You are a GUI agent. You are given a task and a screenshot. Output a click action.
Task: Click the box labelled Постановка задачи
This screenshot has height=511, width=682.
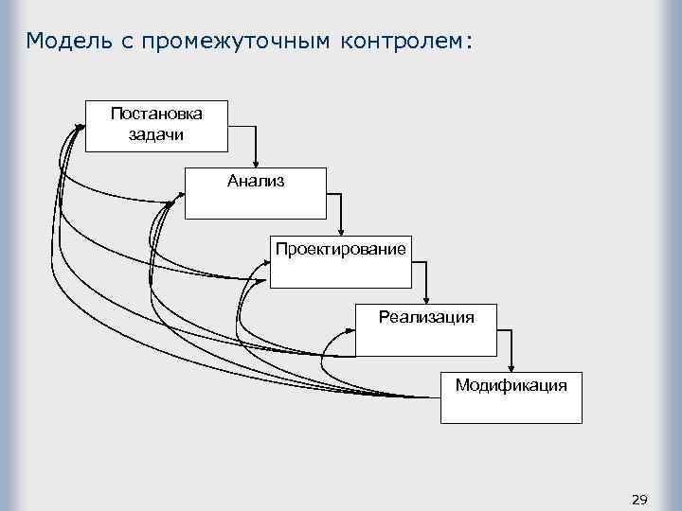pyautogui.click(x=156, y=125)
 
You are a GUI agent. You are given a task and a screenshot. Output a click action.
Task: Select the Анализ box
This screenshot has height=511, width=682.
pyautogui.click(x=255, y=194)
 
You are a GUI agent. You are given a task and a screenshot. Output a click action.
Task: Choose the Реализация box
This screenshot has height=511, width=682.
pyautogui.click(x=426, y=330)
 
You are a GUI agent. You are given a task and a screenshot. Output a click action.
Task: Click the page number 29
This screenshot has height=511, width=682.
pyautogui.click(x=638, y=499)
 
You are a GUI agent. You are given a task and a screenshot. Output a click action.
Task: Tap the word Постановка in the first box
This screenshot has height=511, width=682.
pyautogui.click(x=156, y=114)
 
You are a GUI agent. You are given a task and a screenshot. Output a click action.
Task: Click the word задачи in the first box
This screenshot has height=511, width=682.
pyautogui.click(x=156, y=133)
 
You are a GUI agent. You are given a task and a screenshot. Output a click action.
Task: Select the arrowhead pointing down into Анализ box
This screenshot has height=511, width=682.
pyautogui.click(x=255, y=163)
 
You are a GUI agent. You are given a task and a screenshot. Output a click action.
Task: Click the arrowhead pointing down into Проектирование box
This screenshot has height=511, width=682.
pyautogui.click(x=341, y=231)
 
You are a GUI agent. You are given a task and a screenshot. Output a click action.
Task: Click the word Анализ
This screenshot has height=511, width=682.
pyautogui.click(x=255, y=181)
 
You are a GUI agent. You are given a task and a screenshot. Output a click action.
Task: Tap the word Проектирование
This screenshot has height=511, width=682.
pyautogui.click(x=341, y=249)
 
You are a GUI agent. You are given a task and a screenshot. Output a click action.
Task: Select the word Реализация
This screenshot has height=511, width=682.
pyautogui.click(x=426, y=317)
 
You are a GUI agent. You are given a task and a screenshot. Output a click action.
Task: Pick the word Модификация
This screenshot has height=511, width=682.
pyautogui.click(x=511, y=385)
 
